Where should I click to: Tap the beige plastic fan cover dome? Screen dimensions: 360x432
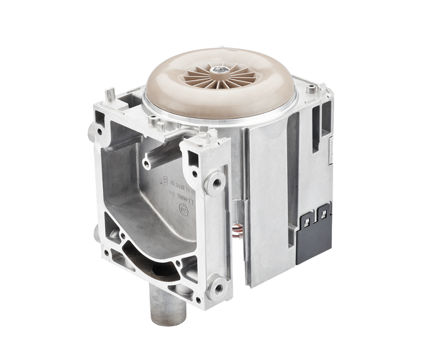point(180,86)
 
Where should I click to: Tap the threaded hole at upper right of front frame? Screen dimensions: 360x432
point(215,183)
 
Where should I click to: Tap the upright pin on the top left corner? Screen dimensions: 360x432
point(107,95)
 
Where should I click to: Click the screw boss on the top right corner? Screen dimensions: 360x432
point(311,90)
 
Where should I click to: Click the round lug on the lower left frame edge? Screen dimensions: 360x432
point(96,233)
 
